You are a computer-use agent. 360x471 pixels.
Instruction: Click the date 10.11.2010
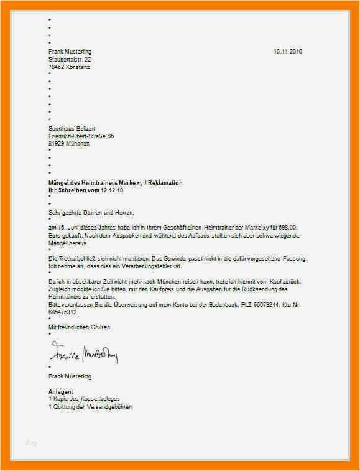(287, 51)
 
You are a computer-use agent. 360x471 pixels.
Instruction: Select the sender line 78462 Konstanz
(69, 67)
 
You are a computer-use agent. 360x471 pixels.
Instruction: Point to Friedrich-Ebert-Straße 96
(81, 135)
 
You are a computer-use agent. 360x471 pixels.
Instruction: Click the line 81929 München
(69, 143)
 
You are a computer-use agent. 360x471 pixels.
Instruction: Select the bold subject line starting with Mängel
(116, 182)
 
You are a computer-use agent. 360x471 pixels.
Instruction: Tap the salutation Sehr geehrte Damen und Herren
(91, 213)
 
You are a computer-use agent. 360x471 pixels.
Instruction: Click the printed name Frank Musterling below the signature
(70, 376)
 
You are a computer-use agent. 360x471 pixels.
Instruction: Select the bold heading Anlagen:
(61, 391)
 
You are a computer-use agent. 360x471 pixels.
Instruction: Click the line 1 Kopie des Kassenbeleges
(84, 399)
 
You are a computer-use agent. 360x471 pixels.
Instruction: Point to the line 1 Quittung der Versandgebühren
(90, 406)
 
